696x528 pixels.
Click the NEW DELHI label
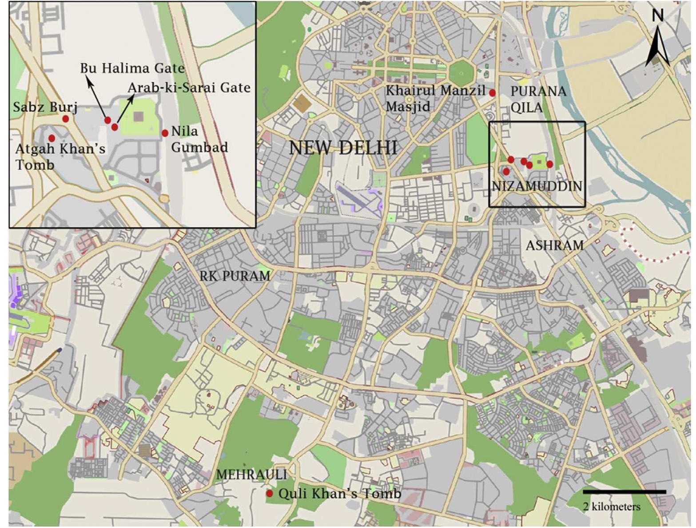[343, 147]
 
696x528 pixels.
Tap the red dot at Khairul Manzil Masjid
[492, 93]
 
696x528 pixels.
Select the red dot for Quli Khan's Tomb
[269, 493]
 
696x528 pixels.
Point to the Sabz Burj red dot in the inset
[65, 119]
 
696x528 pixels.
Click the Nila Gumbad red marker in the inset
[165, 133]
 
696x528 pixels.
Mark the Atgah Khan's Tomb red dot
[52, 138]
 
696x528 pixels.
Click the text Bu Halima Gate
[132, 68]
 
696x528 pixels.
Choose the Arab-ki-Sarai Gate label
[189, 87]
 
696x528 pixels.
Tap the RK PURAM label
[235, 276]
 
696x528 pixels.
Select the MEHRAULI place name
[251, 475]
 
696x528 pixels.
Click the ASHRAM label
[554, 245]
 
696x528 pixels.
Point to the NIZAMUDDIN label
[537, 186]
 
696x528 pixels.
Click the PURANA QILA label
[538, 99]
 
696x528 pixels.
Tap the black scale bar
[624, 492]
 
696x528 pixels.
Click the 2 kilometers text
[612, 507]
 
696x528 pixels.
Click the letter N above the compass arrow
[658, 16]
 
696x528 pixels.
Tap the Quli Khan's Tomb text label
[339, 493]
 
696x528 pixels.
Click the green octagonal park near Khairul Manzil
[462, 72]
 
